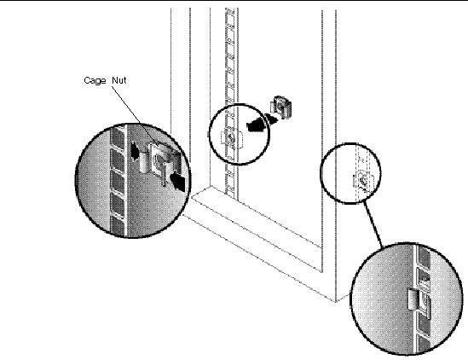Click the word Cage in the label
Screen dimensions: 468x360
(95, 81)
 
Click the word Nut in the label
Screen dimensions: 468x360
(119, 80)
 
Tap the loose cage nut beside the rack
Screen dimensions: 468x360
(280, 107)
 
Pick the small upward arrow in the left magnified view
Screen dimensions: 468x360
(135, 150)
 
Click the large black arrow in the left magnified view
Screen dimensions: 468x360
(177, 182)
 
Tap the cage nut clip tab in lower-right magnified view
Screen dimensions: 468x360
(413, 299)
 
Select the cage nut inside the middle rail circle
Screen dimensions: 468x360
(231, 137)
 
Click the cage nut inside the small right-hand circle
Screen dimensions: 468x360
(363, 179)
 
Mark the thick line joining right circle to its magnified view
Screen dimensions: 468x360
(373, 224)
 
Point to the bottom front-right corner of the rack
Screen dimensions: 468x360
(335, 302)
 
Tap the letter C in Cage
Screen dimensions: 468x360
(87, 80)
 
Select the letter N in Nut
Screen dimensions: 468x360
(115, 80)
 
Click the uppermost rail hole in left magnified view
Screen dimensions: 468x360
(118, 136)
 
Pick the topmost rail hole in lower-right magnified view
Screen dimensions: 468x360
(424, 255)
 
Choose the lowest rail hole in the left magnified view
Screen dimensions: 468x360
(118, 226)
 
